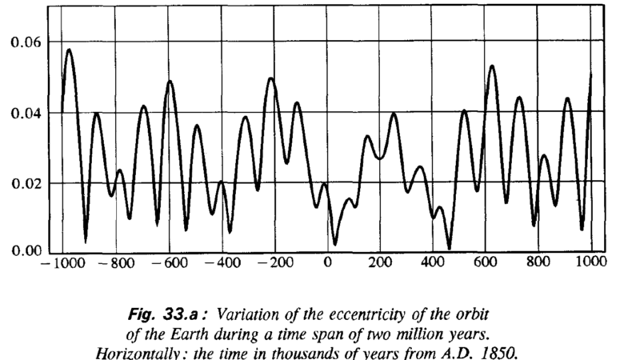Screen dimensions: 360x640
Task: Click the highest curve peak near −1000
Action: pos(69,50)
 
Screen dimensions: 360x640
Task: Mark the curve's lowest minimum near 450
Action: pos(450,248)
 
